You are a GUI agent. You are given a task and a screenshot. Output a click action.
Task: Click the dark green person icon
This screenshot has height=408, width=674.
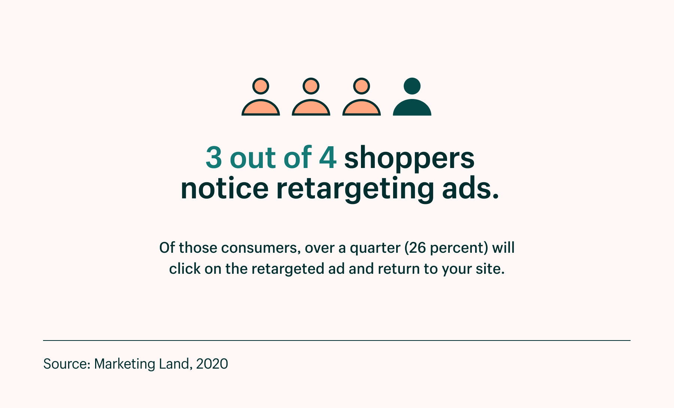point(412,97)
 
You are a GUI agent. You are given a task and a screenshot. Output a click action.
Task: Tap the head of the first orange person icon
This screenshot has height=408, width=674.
point(261,86)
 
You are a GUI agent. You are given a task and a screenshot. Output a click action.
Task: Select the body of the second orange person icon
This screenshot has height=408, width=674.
point(311,108)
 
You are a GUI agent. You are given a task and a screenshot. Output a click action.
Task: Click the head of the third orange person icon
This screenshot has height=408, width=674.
point(361,86)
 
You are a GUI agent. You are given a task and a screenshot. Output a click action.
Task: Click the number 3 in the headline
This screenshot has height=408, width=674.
point(214,157)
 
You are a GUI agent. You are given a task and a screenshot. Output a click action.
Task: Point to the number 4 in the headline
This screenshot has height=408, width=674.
point(328,157)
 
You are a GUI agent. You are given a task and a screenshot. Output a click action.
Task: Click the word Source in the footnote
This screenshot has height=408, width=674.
point(66,364)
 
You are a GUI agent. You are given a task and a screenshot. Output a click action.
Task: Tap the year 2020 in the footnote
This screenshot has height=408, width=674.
point(212,364)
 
